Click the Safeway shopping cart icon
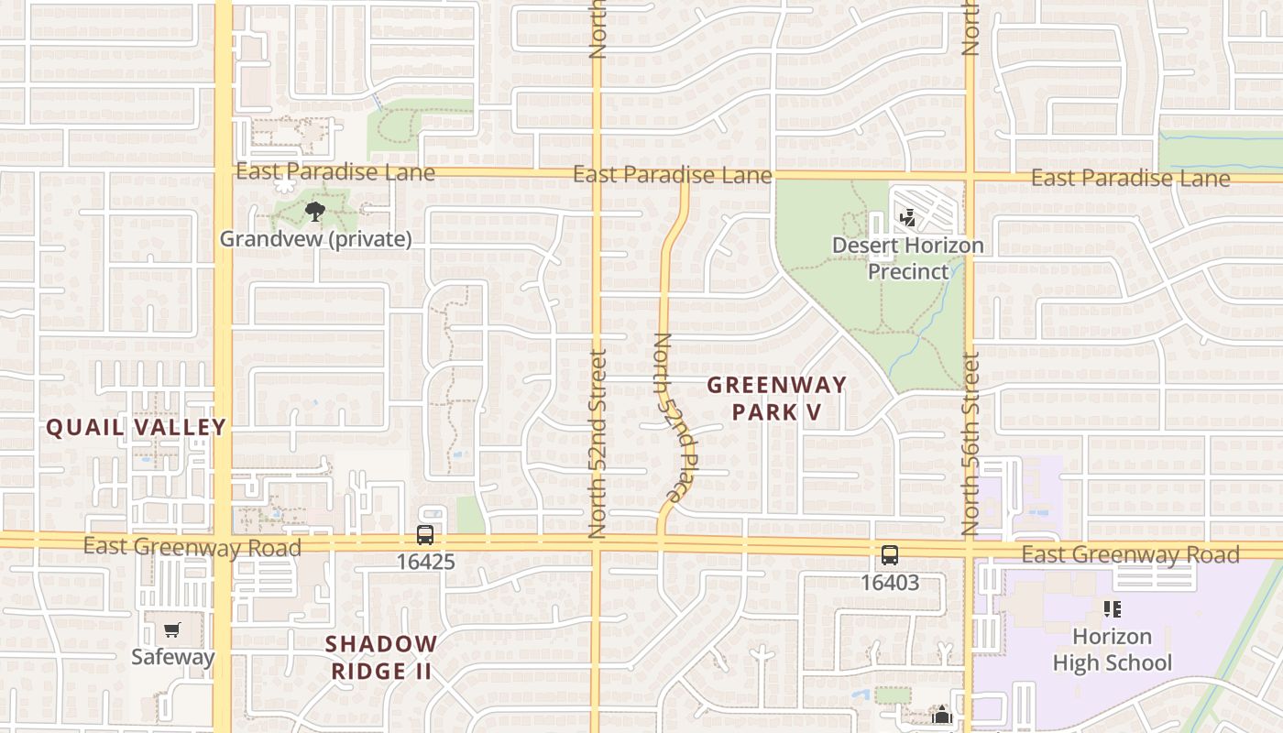(x=171, y=629)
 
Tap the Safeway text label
(x=172, y=656)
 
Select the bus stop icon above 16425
(x=425, y=535)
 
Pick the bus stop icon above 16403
(x=890, y=554)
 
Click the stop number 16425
(x=425, y=562)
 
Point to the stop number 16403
(x=889, y=582)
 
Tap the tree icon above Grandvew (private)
(x=315, y=213)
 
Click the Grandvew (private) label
(x=315, y=239)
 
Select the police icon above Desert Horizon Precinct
(x=908, y=218)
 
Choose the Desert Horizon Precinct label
(x=907, y=258)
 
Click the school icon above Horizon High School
(x=1113, y=609)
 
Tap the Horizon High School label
(x=1112, y=650)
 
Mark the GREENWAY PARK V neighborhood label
(x=776, y=399)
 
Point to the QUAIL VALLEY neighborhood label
(x=136, y=427)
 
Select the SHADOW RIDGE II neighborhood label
(x=381, y=657)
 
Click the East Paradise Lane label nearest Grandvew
(x=335, y=171)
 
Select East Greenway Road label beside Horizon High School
(x=1130, y=554)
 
